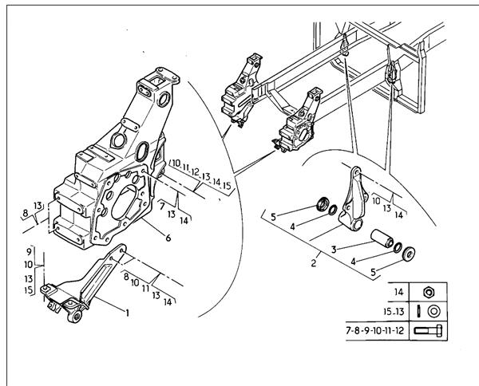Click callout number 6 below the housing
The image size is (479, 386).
tap(168, 238)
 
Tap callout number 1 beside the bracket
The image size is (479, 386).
tap(127, 313)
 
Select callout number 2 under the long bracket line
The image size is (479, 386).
tap(314, 262)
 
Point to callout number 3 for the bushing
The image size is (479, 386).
tap(334, 250)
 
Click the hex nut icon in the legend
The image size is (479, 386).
tap(429, 293)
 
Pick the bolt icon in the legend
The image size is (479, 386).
tap(428, 331)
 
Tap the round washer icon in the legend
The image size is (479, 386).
tap(433, 311)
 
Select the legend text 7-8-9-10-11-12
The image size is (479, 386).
tap(375, 330)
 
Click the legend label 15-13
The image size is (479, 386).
tap(394, 312)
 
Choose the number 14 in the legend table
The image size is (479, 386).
tap(399, 292)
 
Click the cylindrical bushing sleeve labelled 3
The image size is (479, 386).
tap(382, 239)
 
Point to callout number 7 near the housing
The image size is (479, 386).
tap(162, 207)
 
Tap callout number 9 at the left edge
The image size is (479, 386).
tap(29, 252)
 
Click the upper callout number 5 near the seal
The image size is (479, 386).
tap(273, 217)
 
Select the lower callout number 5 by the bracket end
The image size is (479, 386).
tap(373, 272)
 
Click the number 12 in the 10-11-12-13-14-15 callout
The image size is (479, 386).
tap(195, 171)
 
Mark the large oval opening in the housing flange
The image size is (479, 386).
tap(124, 203)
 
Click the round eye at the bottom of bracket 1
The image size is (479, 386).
tap(75, 316)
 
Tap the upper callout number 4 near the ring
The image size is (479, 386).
tap(292, 226)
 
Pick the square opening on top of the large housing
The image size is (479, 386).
tap(157, 81)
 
